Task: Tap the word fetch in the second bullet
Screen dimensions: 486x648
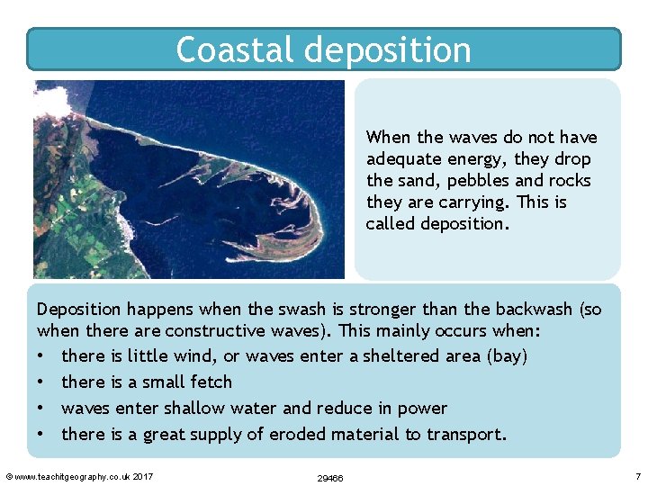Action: click(x=211, y=382)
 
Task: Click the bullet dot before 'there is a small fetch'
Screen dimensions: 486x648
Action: click(x=41, y=382)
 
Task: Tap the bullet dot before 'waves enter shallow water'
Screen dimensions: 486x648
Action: click(x=41, y=409)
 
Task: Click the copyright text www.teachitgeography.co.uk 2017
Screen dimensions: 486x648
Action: click(x=79, y=476)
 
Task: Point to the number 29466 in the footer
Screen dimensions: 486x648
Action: click(x=330, y=478)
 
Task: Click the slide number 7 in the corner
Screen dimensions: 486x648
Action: click(x=637, y=475)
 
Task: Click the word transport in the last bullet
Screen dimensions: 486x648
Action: click(x=467, y=435)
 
